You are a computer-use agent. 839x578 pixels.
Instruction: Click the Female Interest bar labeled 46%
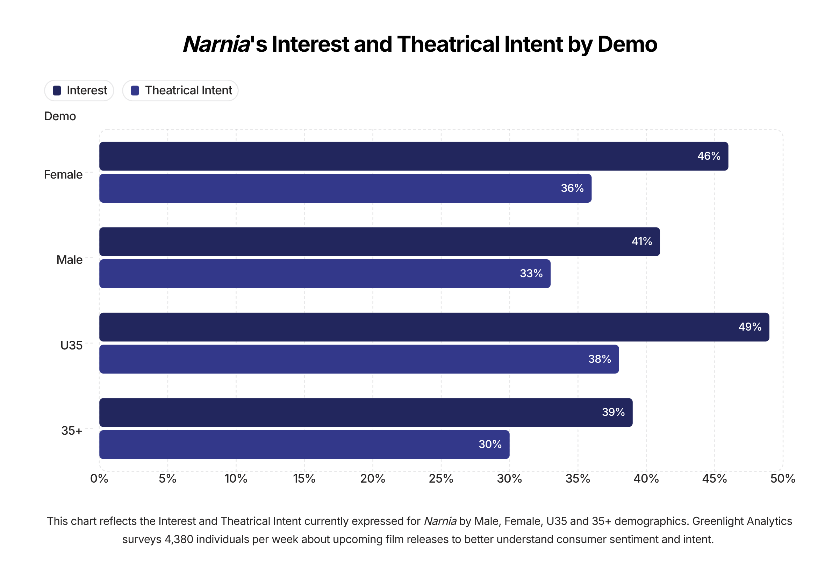coord(413,156)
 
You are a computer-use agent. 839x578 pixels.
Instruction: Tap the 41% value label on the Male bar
coord(641,241)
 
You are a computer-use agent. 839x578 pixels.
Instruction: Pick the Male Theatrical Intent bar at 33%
coord(324,274)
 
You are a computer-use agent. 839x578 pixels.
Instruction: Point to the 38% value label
coord(599,359)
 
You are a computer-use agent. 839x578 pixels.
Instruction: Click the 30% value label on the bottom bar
coord(490,445)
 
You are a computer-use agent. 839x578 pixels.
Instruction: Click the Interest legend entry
coord(79,91)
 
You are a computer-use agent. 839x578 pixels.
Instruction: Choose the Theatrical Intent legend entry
coord(180,91)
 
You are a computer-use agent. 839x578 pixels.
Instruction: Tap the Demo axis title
coord(60,116)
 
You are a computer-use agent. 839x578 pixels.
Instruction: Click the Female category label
coord(63,175)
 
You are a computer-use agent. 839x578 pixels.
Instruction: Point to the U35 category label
coord(71,346)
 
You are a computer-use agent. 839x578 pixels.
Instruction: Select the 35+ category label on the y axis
coord(71,431)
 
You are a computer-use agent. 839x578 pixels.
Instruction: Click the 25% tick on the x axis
coord(441,479)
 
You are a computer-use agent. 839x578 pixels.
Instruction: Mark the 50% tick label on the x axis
coord(782,479)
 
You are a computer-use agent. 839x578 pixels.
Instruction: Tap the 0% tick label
coord(99,479)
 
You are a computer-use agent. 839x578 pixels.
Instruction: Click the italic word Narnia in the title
coord(217,44)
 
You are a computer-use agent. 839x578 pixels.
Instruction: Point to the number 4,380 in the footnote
coord(179,539)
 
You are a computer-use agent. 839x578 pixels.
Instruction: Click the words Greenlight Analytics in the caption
coord(742,521)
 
